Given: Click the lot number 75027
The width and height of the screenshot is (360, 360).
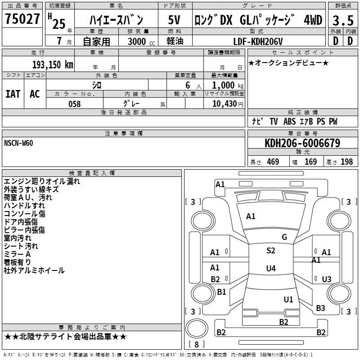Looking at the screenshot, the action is [22, 19].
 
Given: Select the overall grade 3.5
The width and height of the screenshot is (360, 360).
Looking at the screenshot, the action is [343, 20].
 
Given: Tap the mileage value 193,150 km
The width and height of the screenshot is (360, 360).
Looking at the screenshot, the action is [53, 65].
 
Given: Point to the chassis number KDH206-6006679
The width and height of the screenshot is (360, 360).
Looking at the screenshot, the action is [302, 143].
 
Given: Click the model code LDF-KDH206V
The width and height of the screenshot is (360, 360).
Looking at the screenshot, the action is [258, 41].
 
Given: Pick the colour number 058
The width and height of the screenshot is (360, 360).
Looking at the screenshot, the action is [75, 104].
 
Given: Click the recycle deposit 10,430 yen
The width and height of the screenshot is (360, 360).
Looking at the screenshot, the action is [228, 104].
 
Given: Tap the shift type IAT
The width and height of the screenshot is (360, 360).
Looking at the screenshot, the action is [13, 94].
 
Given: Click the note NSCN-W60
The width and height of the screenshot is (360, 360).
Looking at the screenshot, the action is [18, 143].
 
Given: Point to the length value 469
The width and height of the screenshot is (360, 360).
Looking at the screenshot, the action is [273, 162].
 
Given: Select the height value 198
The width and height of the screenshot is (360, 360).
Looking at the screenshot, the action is [346, 162].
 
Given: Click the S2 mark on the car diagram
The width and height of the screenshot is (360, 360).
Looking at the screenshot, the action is [271, 251].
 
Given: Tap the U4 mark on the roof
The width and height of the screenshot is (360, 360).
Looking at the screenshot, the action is [271, 268].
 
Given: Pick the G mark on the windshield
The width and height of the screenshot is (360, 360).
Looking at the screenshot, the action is [284, 237].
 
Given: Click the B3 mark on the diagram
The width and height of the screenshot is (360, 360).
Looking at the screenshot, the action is [320, 308].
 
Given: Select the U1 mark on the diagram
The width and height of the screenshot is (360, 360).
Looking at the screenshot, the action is [288, 299].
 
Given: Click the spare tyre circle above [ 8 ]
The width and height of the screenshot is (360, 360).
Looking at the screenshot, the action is [197, 328].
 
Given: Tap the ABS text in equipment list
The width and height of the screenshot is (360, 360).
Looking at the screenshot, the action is [289, 121].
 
